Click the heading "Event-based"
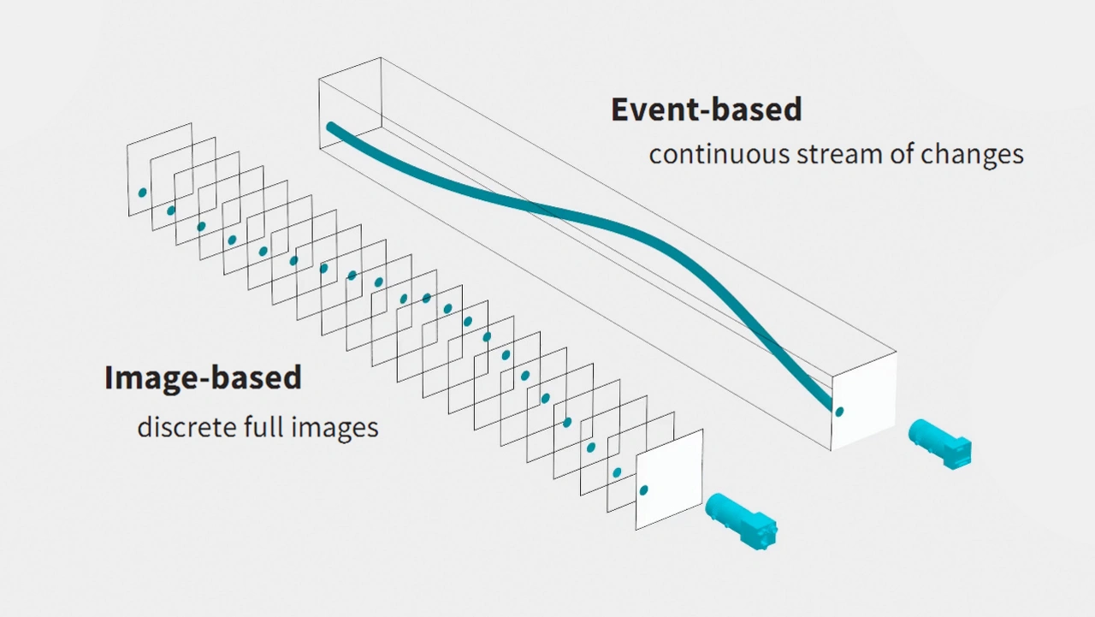[707, 109]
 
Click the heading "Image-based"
[203, 377]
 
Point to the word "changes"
[972, 156]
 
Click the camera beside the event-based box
[940, 444]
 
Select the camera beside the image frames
[741, 521]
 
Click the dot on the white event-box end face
[839, 412]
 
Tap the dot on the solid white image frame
[644, 489]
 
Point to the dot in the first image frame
[142, 193]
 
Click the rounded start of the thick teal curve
[330, 127]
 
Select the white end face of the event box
[864, 400]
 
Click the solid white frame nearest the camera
[669, 479]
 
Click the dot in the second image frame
[170, 211]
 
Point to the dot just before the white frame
[617, 472]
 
